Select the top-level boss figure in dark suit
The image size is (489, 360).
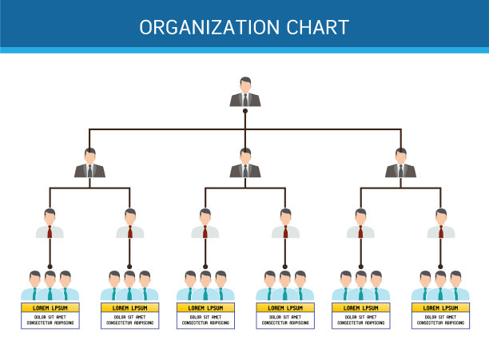245,92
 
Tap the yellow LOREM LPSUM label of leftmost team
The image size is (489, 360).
50,307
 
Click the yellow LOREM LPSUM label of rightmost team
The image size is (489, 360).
440,307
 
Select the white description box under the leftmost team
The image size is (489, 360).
50,320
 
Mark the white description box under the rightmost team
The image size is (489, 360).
440,320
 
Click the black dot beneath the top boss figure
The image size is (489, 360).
245,110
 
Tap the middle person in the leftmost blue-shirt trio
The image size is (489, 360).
50,286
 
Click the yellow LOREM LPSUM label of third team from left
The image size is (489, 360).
205,307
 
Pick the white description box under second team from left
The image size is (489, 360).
129,320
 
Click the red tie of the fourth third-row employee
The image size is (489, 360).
285,231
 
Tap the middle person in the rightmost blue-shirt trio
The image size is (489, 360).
440,286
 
